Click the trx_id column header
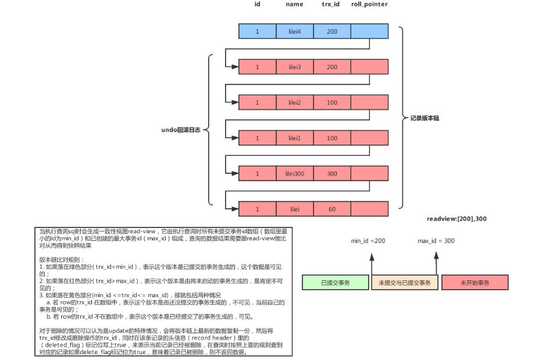coord(331,5)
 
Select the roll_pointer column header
coord(369,5)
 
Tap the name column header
coord(295,5)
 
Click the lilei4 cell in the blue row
coord(295,31)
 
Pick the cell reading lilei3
coord(295,67)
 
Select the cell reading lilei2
coord(295,103)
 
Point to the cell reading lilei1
coord(295,138)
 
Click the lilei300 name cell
coord(295,174)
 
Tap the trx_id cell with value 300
coord(331,174)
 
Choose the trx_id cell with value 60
coord(331,209)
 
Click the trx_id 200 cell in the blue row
coord(331,31)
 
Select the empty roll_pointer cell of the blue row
coord(369,31)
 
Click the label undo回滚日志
coord(181,130)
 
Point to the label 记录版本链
coord(425,118)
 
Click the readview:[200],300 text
coord(456,219)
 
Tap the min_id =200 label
coord(368,240)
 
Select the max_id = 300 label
coord(436,240)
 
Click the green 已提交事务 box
coord(336,283)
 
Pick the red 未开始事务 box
coord(475,283)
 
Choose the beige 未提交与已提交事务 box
coord(405,283)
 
